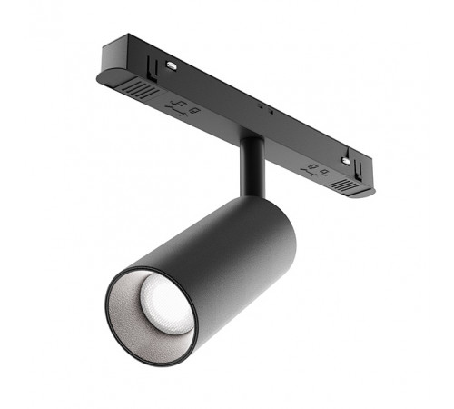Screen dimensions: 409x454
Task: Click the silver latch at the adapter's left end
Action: (170, 65)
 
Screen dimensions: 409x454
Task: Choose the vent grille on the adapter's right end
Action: (342, 185)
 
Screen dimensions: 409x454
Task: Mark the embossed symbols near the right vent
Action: (314, 169)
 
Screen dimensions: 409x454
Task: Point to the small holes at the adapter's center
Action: (262, 108)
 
